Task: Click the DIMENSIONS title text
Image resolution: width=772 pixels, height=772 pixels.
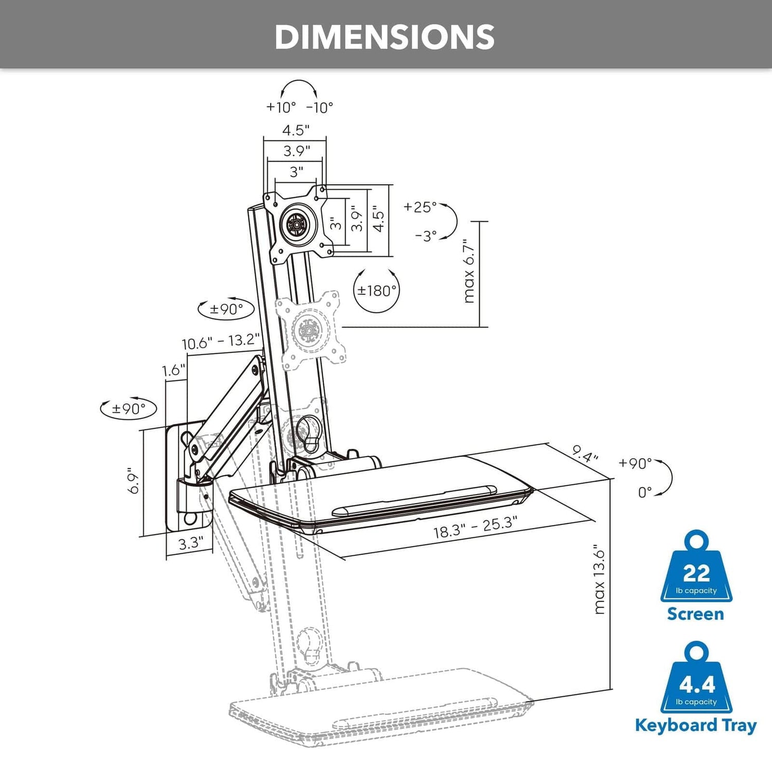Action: (x=384, y=37)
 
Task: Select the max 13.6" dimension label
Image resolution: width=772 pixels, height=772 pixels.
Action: (x=599, y=580)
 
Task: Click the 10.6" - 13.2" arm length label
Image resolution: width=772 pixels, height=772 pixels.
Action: (x=220, y=342)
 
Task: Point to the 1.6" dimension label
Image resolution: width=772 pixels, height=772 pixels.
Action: (x=173, y=370)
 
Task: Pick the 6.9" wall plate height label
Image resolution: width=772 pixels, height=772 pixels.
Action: (x=133, y=481)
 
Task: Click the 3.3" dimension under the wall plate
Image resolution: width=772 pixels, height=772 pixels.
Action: (x=190, y=543)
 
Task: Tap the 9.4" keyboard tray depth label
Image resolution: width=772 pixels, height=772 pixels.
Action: (x=585, y=454)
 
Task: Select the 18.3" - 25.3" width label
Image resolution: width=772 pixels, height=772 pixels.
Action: (x=475, y=528)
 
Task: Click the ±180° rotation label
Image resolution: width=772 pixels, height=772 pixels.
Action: (x=377, y=291)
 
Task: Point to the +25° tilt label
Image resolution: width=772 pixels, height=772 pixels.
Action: (x=420, y=207)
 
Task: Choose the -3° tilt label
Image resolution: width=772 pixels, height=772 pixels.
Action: (x=426, y=236)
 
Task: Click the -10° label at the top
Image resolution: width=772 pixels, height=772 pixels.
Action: (x=320, y=108)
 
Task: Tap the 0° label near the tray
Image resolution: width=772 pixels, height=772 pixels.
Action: (x=645, y=493)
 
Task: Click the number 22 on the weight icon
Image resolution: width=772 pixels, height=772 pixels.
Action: (x=696, y=573)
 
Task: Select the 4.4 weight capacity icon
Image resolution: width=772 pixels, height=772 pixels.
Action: (x=697, y=679)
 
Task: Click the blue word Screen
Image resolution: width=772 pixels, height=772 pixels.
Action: (x=695, y=614)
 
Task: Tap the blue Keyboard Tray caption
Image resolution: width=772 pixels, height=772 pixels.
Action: (x=696, y=725)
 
